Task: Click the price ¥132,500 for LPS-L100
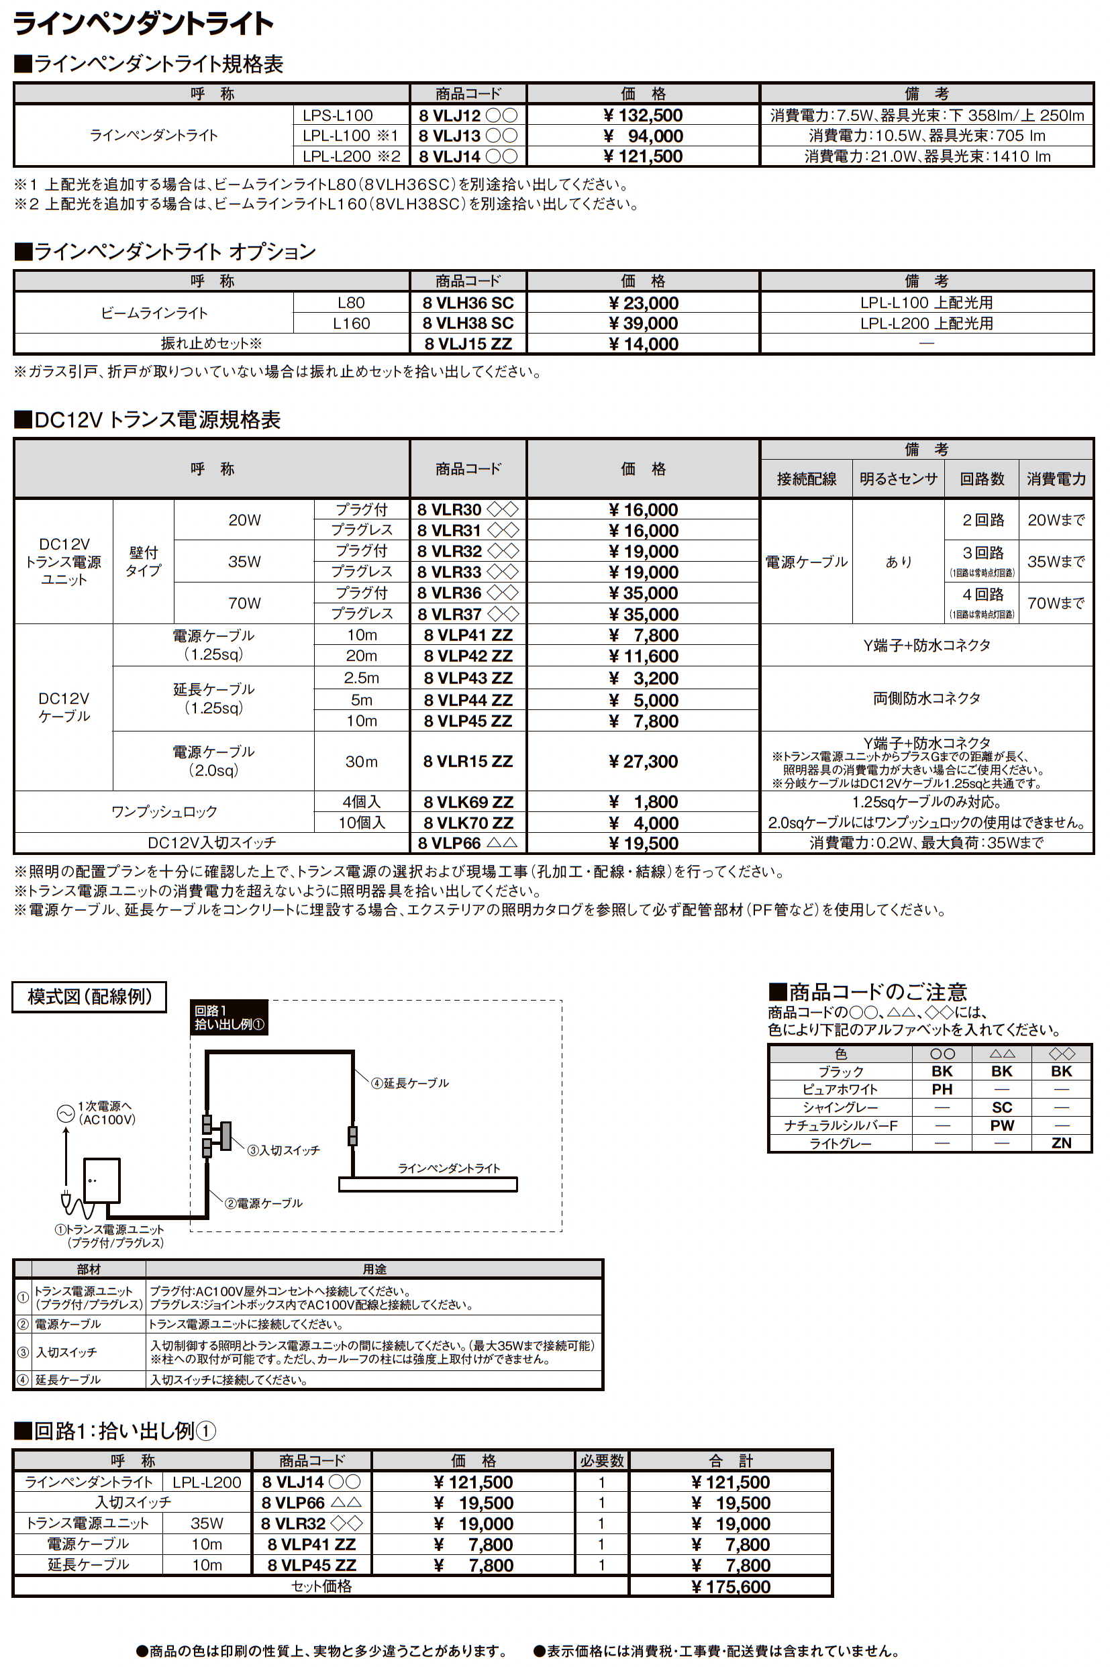click(x=643, y=115)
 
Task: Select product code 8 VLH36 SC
click(x=468, y=303)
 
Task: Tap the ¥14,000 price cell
click(x=643, y=344)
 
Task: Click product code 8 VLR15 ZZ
click(x=468, y=762)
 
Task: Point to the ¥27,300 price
click(x=643, y=762)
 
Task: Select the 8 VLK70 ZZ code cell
click(x=468, y=823)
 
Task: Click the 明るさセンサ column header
click(x=899, y=479)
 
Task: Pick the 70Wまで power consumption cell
click(x=1056, y=603)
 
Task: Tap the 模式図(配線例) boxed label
click(x=89, y=997)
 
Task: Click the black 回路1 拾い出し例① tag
click(x=229, y=1018)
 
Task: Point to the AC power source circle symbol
click(x=66, y=1113)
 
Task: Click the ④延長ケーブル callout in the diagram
click(x=410, y=1083)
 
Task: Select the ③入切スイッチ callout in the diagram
click(x=283, y=1150)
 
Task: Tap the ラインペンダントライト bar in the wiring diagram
click(x=427, y=1184)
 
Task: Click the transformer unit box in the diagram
click(x=102, y=1180)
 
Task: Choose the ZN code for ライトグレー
click(x=1060, y=1143)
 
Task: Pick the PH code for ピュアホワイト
click(x=942, y=1089)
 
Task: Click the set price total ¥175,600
click(x=730, y=1586)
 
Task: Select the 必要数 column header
click(x=602, y=1460)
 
